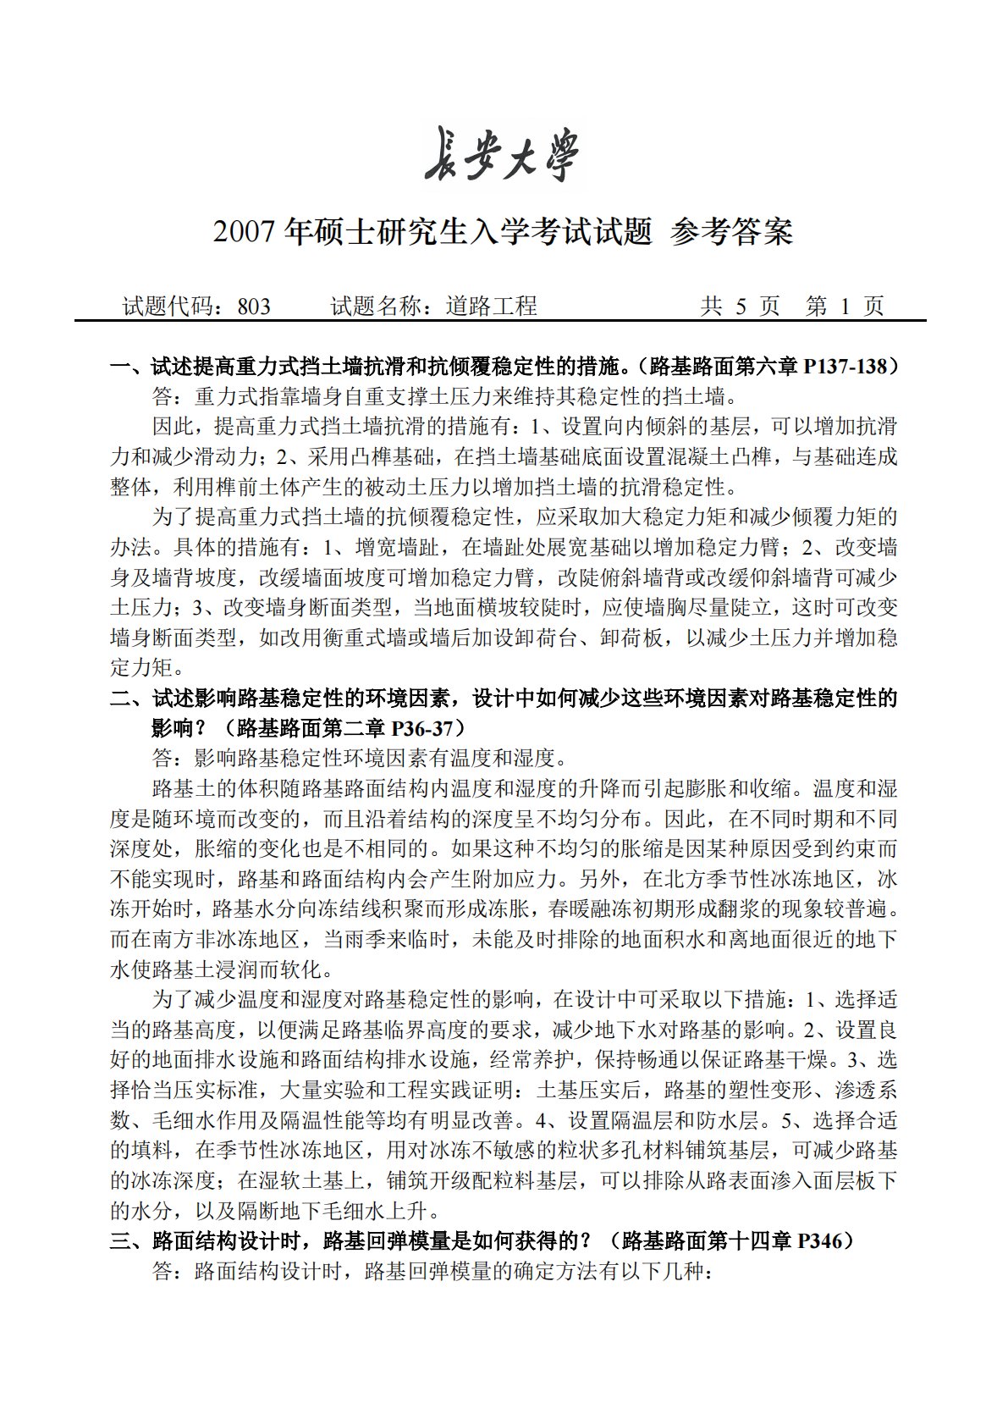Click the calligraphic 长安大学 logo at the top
(x=504, y=155)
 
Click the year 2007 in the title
(x=245, y=231)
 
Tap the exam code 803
(x=254, y=306)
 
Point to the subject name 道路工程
(x=492, y=306)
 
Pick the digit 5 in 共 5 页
(x=740, y=306)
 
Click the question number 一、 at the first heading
(x=129, y=367)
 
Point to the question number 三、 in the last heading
(x=129, y=1241)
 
